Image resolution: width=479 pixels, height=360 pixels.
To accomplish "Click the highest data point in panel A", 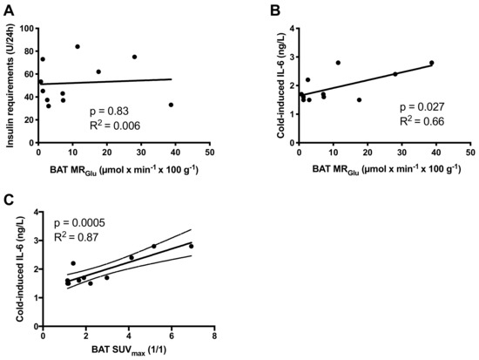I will click(x=78, y=46).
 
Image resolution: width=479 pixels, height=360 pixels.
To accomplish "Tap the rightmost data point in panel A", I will click(x=171, y=105).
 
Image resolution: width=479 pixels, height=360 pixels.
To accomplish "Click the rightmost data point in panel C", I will click(x=191, y=247).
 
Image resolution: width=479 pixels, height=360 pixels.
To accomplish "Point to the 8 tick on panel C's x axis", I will click(x=214, y=337).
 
